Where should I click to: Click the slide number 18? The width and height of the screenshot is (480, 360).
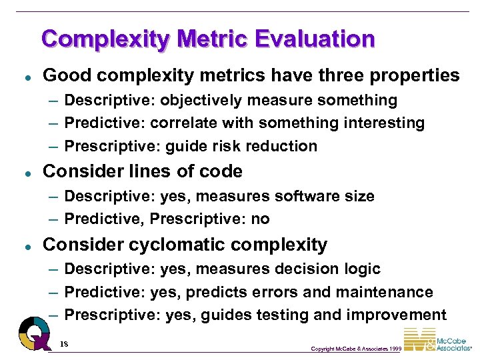coord(65,343)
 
